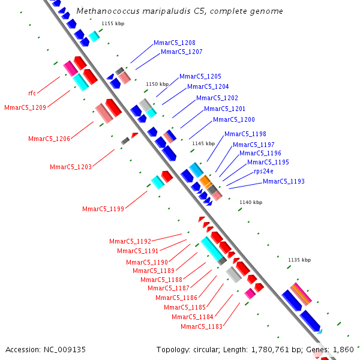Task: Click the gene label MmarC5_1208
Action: tap(174, 43)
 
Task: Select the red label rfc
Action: tap(32, 93)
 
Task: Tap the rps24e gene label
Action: tap(264, 171)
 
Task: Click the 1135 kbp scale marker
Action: tap(299, 260)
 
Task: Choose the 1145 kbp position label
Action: tap(203, 143)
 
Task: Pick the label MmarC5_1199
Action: tap(103, 209)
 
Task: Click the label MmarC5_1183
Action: tap(201, 326)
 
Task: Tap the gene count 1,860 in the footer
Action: tap(343, 349)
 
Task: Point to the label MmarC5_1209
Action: tap(25, 108)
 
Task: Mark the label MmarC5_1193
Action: tap(283, 181)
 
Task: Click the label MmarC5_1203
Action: tap(70, 167)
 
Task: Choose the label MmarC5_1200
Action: tap(233, 119)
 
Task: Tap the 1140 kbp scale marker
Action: tap(250, 203)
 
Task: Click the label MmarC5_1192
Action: tap(130, 241)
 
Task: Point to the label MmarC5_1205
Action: tap(200, 76)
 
